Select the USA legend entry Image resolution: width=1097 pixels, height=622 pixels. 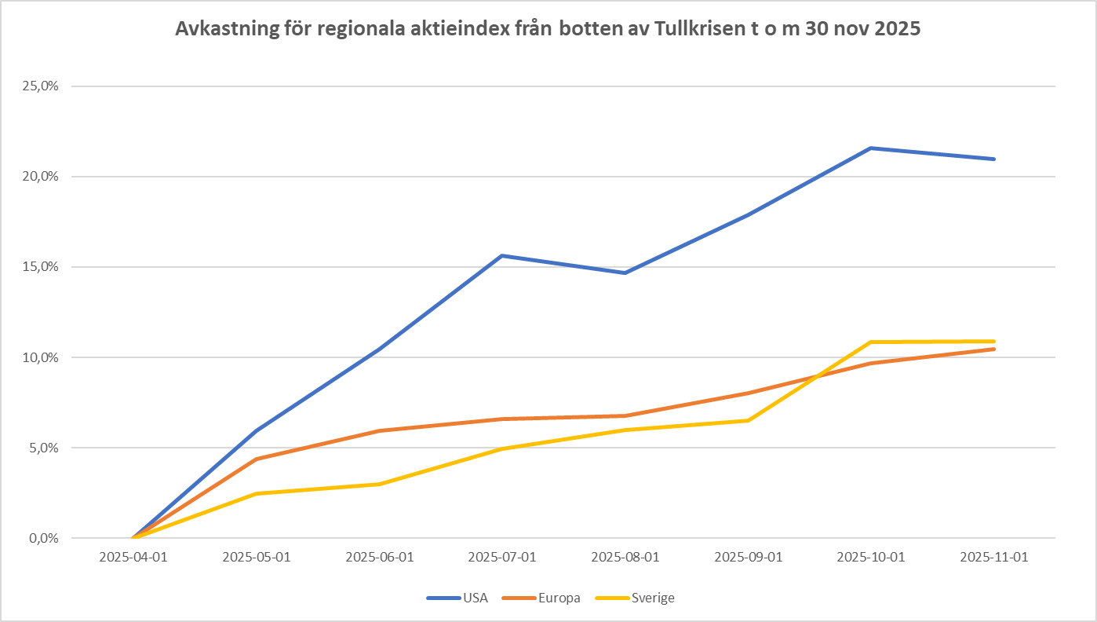(x=475, y=598)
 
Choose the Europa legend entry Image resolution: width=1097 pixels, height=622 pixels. (x=559, y=598)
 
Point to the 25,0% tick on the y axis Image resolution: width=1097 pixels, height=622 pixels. (x=42, y=86)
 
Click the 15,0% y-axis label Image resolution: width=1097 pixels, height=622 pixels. (x=42, y=267)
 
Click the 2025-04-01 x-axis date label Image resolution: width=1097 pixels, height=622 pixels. (x=133, y=557)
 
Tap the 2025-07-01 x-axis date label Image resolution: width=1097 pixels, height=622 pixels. (x=502, y=557)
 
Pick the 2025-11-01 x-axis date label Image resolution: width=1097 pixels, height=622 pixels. (x=994, y=557)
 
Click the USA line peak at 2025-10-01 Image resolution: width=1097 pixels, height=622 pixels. (x=871, y=148)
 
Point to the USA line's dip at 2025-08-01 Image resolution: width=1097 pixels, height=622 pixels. (x=625, y=273)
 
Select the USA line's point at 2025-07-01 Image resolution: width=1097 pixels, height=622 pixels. (x=502, y=255)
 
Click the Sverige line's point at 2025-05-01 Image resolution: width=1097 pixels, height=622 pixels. (x=257, y=493)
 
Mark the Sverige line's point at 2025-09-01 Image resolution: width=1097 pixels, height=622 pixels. (x=749, y=420)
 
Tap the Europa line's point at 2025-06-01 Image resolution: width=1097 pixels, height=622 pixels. (x=380, y=430)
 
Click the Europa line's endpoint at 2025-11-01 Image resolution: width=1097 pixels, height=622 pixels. (x=994, y=349)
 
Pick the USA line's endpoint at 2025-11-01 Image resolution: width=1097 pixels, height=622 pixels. (x=994, y=159)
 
